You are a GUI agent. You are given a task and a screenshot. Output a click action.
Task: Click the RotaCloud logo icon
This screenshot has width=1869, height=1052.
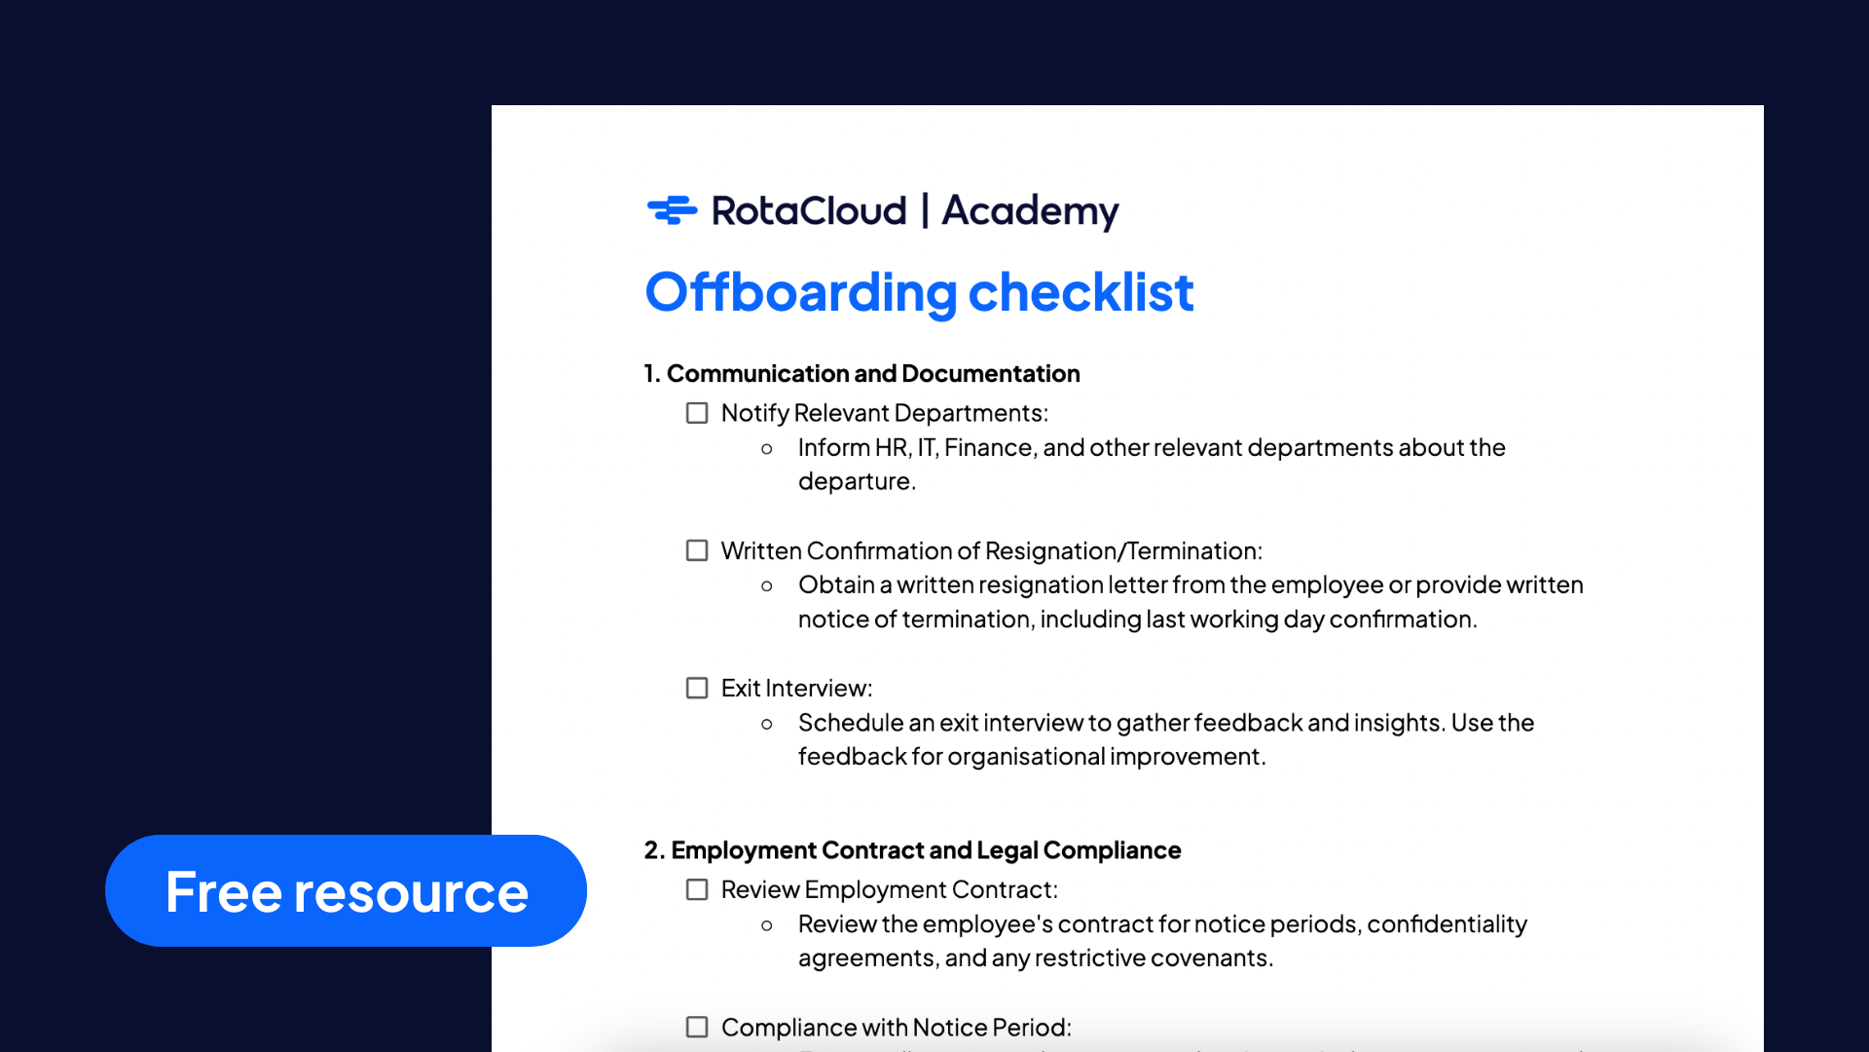[x=673, y=209]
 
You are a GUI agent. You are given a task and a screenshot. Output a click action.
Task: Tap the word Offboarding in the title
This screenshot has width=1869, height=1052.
[x=801, y=293]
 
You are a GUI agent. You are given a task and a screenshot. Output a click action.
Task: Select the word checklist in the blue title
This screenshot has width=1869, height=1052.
[x=1081, y=291]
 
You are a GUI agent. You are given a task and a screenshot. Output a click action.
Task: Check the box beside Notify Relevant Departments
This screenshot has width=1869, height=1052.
[x=697, y=413]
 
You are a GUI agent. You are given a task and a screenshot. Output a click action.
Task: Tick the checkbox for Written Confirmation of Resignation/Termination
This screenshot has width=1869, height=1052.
[x=697, y=550]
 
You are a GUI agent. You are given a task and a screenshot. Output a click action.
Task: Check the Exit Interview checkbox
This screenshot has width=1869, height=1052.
[x=697, y=688]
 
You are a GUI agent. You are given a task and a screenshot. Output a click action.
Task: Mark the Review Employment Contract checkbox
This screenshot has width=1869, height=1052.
[x=697, y=889]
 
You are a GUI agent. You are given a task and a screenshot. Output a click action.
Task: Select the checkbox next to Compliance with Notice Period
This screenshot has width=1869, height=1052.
[x=697, y=1027]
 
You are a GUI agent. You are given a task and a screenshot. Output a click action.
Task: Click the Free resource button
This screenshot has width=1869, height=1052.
[x=346, y=890]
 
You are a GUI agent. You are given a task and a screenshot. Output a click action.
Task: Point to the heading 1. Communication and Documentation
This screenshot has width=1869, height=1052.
[x=861, y=373]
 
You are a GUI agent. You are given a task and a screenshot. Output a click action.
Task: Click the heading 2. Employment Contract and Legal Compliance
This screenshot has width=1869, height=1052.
[x=912, y=850]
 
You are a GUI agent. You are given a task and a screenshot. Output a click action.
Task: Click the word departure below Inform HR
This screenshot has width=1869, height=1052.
[x=857, y=482]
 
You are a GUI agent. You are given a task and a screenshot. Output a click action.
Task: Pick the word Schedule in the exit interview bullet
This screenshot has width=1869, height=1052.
[x=851, y=723]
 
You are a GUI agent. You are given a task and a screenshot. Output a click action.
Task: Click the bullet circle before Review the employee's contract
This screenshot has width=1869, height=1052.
[x=767, y=925]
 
